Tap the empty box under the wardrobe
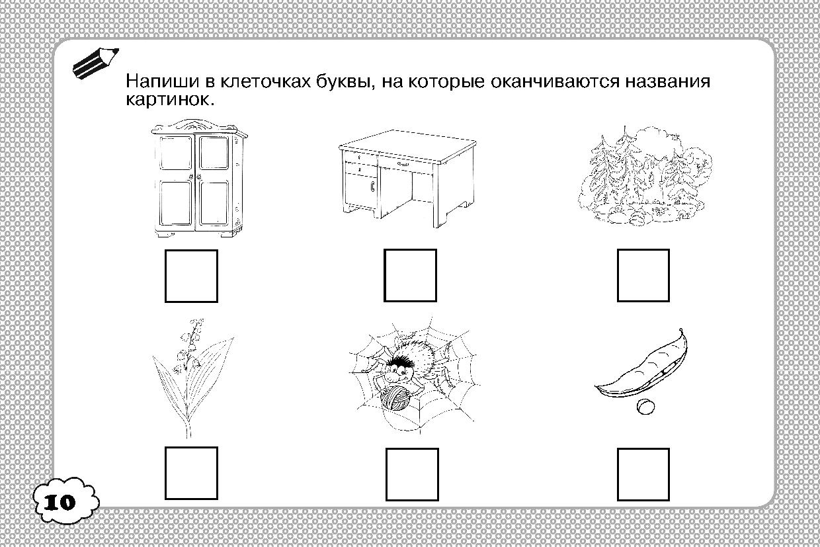pos(191,276)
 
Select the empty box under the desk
pos(411,276)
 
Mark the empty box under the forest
pos(643,276)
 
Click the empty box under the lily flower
pos(191,474)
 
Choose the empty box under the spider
pos(411,474)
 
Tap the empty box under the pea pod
pos(643,474)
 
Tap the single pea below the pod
pos(643,407)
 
